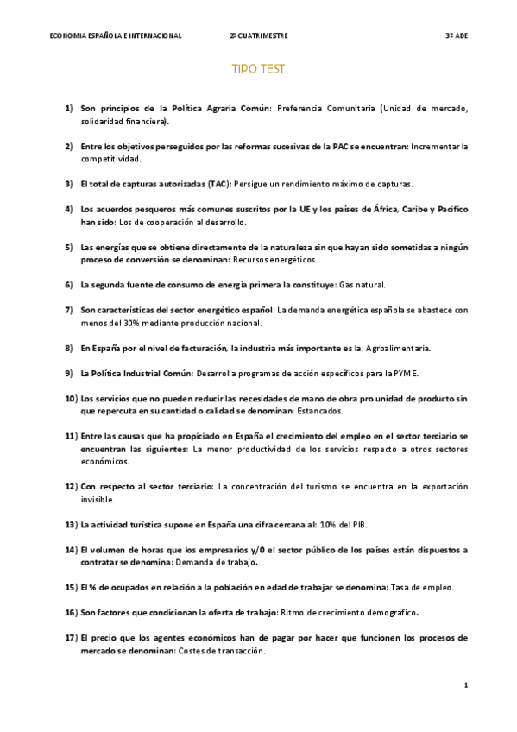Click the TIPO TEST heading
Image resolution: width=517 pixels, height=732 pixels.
258,68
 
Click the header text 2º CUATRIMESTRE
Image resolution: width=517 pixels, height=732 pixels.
259,35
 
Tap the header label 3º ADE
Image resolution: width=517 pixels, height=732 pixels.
456,35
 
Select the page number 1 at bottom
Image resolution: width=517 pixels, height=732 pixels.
465,685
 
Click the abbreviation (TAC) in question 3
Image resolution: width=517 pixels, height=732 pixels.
210,184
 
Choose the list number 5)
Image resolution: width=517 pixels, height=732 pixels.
69,248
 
